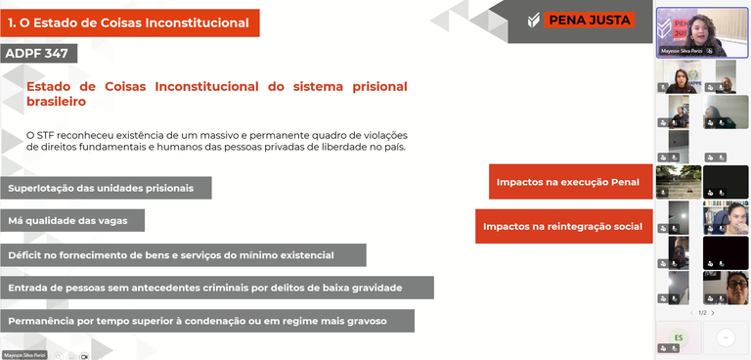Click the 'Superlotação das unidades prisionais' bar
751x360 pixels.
[105, 188]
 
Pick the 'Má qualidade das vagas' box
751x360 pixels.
[72, 221]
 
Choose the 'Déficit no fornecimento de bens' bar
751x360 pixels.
[183, 255]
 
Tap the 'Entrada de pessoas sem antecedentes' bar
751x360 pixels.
[216, 289]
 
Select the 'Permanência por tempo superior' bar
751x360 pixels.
[206, 321]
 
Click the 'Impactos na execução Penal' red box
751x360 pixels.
[569, 182]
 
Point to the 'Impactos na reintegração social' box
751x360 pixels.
[563, 226]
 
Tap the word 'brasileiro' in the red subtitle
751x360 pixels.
[57, 102]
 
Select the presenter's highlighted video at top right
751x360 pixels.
[702, 31]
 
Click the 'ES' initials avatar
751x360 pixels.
[678, 337]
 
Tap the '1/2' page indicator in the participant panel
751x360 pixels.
[702, 313]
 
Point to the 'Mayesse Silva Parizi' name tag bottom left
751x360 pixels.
[24, 355]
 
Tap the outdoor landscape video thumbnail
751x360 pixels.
[678, 182]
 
